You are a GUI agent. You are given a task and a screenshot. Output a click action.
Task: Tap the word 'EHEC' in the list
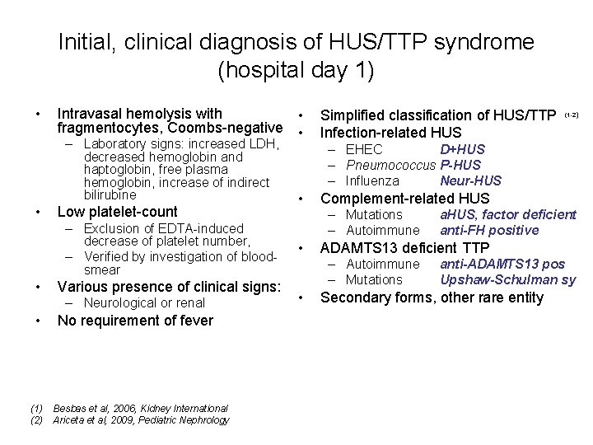pos(364,149)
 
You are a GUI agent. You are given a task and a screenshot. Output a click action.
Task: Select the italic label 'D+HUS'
pos(462,149)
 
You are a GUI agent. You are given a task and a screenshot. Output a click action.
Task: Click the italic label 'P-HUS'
pos(460,165)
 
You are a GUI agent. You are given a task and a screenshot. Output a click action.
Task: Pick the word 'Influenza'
pos(372,180)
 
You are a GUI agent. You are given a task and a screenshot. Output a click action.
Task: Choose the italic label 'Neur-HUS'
pos(470,180)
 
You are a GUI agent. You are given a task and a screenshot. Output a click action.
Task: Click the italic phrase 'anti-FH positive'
pos(489,230)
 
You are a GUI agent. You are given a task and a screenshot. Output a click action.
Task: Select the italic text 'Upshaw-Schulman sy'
pos(507,279)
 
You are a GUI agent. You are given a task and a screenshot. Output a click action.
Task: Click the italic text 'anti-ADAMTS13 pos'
pos(502,264)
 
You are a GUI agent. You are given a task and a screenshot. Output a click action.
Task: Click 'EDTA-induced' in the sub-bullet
pos(204,228)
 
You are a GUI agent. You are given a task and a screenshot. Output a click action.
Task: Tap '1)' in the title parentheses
pos(365,70)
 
